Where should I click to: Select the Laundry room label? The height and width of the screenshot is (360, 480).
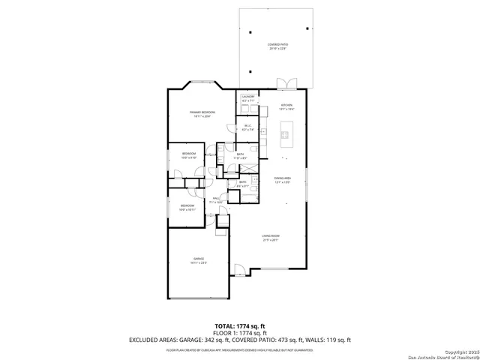[248, 98]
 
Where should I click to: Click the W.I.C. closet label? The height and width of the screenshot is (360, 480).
[248, 127]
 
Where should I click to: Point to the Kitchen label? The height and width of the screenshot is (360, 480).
[286, 106]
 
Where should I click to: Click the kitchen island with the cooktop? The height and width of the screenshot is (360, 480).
[285, 135]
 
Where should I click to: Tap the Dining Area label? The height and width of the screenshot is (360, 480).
[282, 179]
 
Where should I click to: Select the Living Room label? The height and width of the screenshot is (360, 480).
[271, 238]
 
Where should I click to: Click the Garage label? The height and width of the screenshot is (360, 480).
[198, 260]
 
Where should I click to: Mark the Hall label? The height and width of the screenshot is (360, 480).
[214, 200]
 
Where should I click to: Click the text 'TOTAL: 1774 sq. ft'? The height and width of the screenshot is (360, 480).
[240, 325]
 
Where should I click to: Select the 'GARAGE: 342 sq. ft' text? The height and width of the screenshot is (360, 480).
[199, 340]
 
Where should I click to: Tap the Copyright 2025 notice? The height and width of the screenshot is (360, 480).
[458, 350]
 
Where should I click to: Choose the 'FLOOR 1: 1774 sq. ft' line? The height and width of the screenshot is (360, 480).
[240, 332]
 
